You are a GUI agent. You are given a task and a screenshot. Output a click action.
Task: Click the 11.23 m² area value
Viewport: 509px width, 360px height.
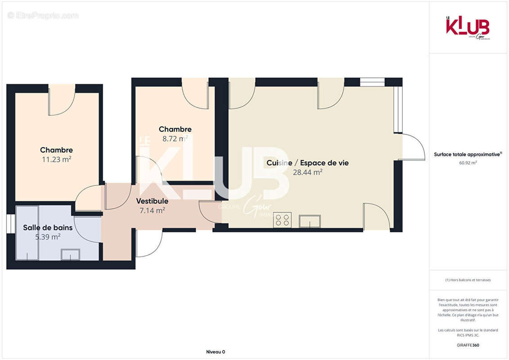[x=56, y=159]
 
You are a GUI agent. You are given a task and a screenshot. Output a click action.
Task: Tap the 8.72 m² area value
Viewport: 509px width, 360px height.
[x=175, y=139]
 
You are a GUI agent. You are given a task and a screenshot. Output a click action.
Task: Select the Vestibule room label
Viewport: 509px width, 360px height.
[x=152, y=201]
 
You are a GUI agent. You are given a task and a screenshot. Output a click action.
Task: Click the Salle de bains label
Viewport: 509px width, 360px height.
[x=48, y=228]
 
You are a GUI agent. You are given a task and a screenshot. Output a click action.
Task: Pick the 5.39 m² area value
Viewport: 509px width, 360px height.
[x=48, y=237]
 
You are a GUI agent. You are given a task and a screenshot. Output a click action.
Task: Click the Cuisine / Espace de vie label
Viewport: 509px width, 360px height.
[x=307, y=163]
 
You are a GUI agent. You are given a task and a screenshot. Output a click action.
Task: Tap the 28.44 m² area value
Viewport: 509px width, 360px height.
[x=307, y=172]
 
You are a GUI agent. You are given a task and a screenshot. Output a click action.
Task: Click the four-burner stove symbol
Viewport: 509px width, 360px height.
[x=282, y=220]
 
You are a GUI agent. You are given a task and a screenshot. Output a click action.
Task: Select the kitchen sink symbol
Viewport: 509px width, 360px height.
[x=311, y=220]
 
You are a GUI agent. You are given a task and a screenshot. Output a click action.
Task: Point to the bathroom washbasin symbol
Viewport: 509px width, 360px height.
[x=70, y=255]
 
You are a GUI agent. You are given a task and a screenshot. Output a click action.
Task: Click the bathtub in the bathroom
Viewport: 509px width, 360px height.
[x=27, y=233]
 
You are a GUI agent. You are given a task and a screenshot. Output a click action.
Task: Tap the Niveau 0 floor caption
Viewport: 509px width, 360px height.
[x=215, y=352]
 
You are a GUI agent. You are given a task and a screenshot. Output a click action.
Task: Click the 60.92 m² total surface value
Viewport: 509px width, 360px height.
[x=468, y=163]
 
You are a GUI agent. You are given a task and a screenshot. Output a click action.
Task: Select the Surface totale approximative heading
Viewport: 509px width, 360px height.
[x=468, y=154]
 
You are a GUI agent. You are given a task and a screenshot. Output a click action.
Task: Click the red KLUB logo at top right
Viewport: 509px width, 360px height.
[x=468, y=27]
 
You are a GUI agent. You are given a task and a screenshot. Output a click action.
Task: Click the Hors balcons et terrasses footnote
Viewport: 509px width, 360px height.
[x=468, y=280]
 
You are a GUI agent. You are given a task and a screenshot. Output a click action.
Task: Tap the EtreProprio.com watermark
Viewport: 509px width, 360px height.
[x=43, y=16]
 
